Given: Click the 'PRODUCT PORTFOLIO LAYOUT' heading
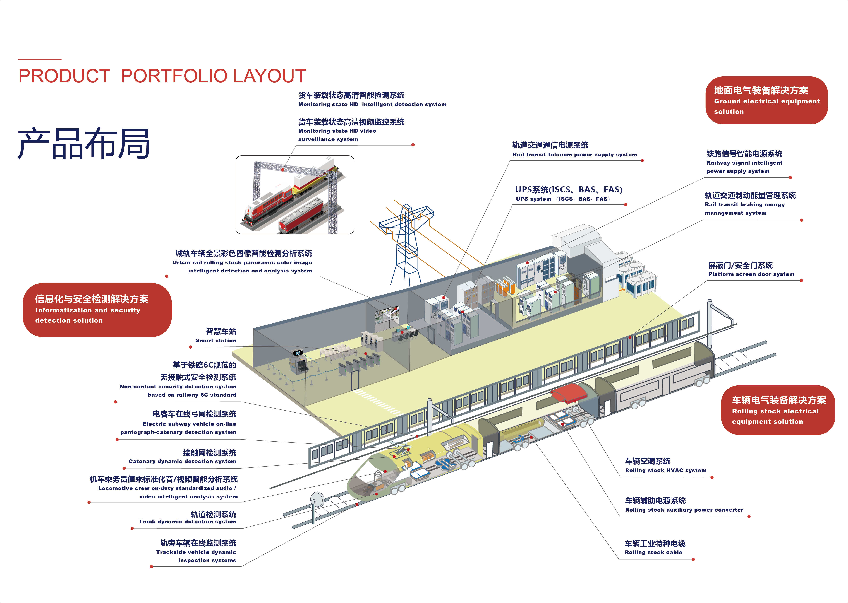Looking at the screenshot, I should [x=162, y=76].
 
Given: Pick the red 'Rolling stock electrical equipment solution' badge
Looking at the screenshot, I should [x=778, y=410].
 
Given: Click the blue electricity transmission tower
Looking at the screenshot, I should [x=406, y=245].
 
